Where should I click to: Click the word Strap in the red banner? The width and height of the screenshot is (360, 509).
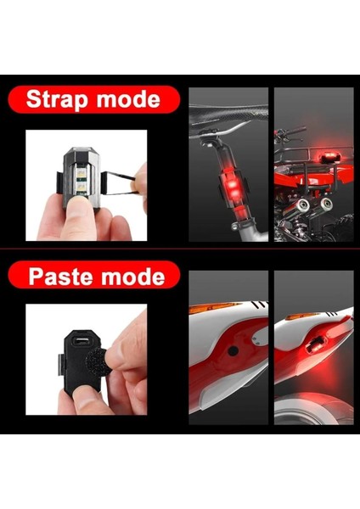point(57,99)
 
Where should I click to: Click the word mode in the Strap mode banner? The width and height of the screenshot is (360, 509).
point(127,99)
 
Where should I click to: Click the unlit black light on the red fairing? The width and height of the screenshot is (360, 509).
point(231,350)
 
